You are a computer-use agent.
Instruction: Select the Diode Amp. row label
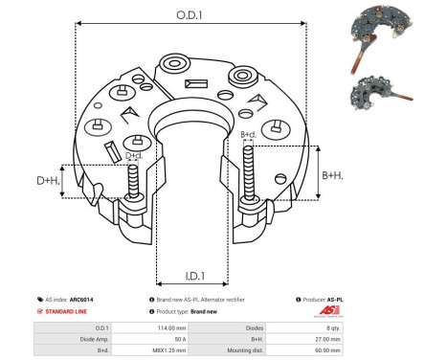click(x=80, y=340)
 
